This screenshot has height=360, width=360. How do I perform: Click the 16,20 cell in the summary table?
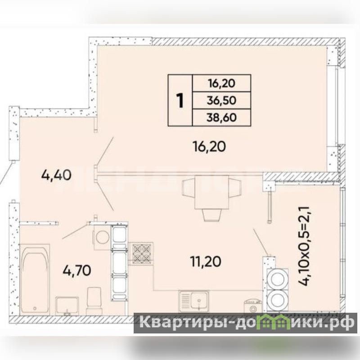click(x=221, y=83)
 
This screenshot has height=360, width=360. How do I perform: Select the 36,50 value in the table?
click(x=221, y=100)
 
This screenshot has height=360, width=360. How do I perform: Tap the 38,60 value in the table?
click(x=221, y=117)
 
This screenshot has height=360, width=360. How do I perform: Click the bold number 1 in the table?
click(x=180, y=101)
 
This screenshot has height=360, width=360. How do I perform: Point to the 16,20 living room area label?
click(x=209, y=147)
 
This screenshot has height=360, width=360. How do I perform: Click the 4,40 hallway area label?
click(x=56, y=175)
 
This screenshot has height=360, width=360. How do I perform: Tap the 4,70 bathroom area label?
click(x=76, y=270)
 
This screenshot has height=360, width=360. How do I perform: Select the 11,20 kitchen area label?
click(x=206, y=261)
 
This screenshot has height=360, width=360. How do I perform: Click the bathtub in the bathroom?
click(x=35, y=279)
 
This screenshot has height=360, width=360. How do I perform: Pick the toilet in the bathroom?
click(x=94, y=301)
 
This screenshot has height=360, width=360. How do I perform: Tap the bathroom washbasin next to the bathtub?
click(x=67, y=306)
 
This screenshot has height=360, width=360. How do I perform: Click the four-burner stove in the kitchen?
click(x=141, y=253)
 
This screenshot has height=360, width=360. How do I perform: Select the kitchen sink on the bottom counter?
click(x=194, y=301)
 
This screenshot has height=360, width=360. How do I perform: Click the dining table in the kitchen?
click(x=211, y=193)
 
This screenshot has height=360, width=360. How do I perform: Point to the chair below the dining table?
click(x=211, y=215)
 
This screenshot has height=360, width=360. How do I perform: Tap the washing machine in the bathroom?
click(x=102, y=237)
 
